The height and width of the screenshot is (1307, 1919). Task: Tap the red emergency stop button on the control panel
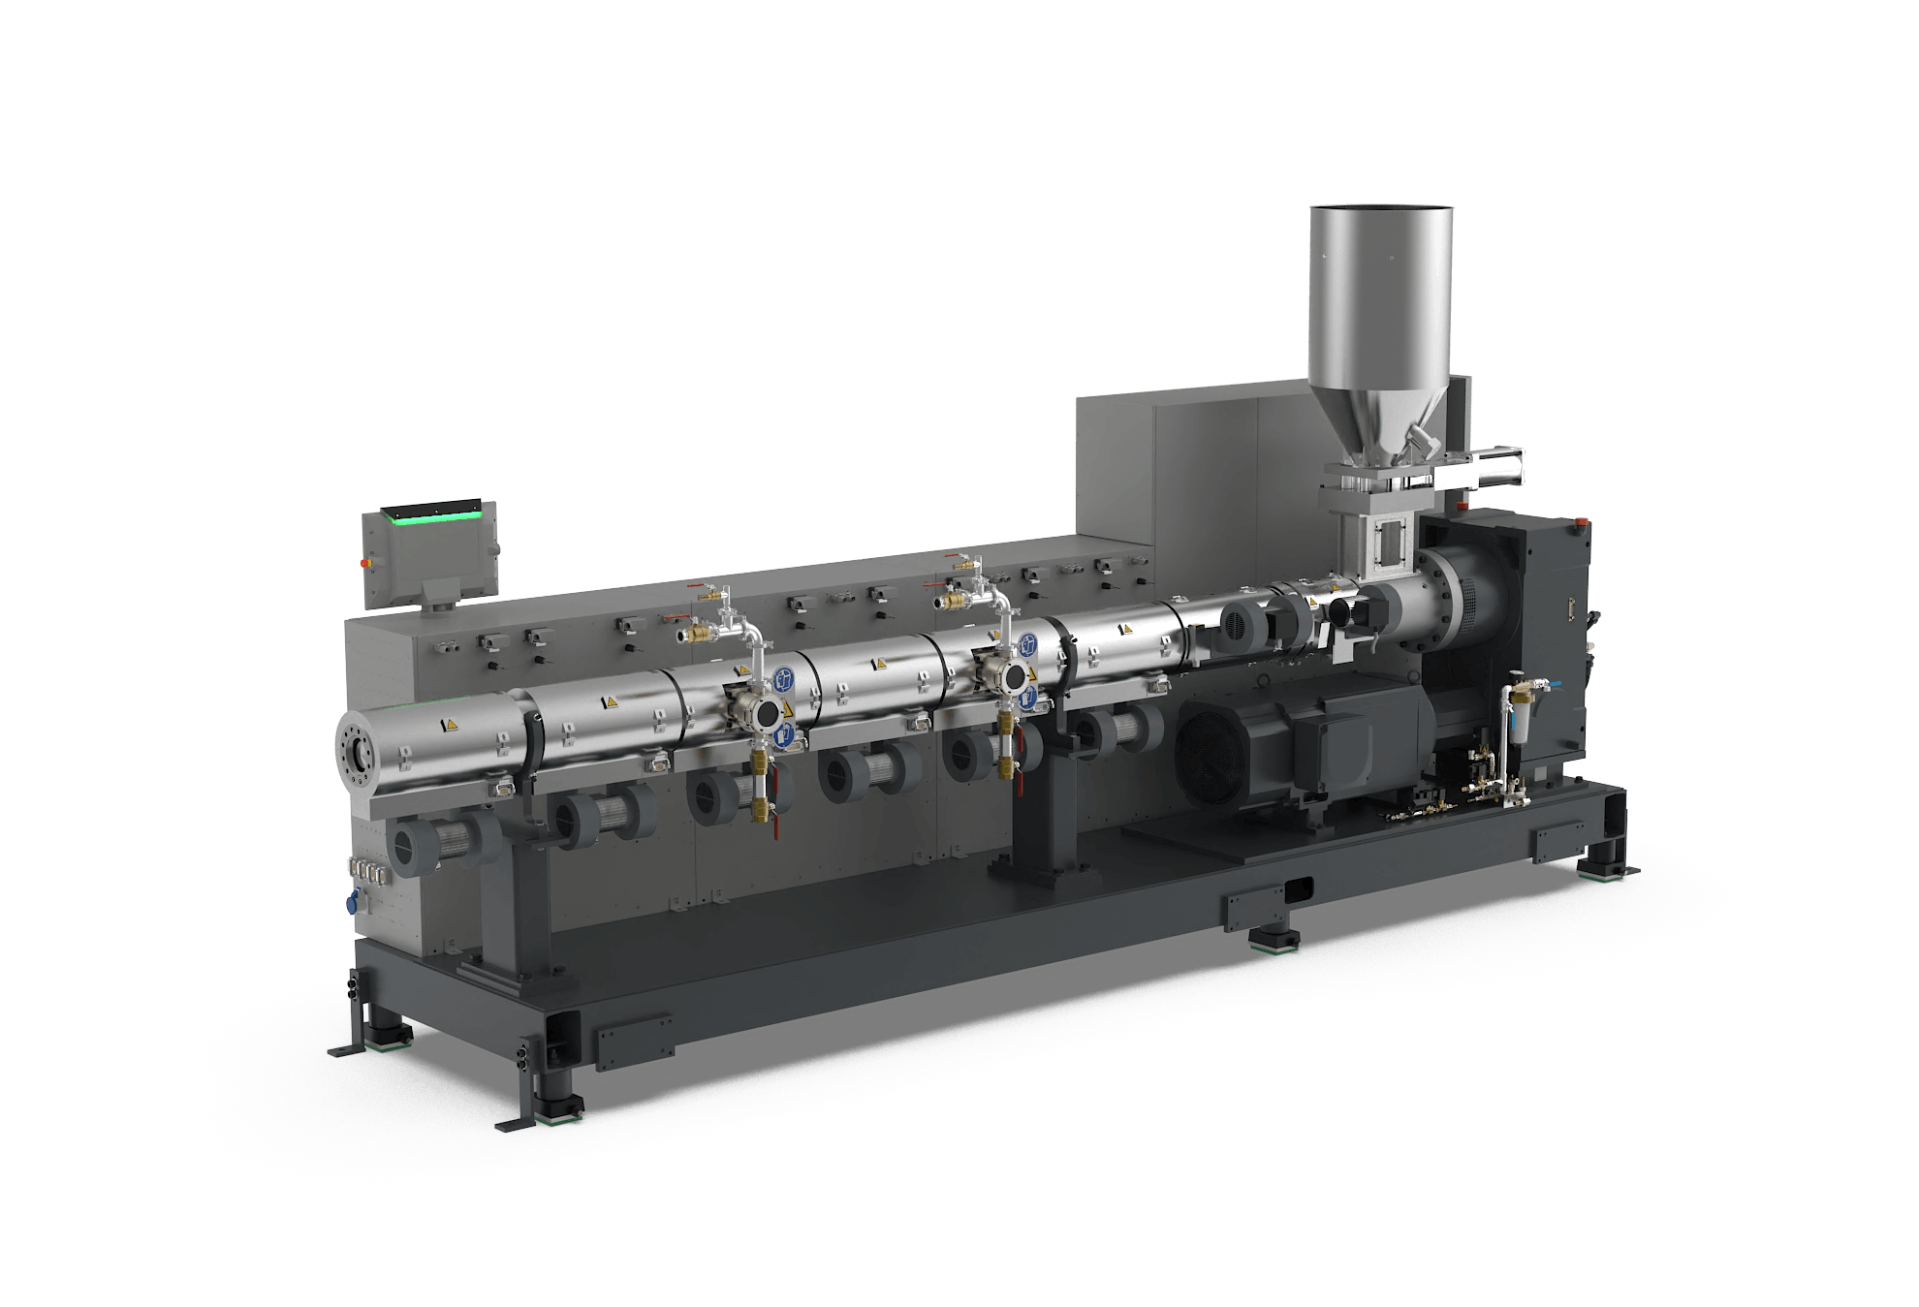[366, 561]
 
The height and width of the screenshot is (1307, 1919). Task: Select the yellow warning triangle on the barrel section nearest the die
[449, 724]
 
